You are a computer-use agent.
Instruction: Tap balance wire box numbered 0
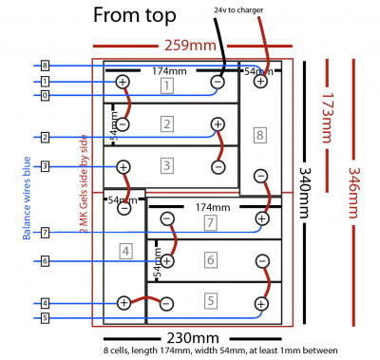[45, 95]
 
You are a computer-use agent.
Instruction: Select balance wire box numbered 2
[45, 137]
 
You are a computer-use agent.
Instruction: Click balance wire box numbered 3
[45, 167]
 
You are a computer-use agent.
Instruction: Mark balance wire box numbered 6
[45, 260]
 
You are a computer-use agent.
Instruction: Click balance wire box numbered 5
[45, 317]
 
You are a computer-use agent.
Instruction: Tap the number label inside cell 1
[166, 86]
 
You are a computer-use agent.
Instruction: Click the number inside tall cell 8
[260, 135]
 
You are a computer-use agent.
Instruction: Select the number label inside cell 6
[211, 259]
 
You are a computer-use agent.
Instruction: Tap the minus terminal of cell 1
[218, 83]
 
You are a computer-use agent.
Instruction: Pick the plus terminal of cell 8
[259, 82]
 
